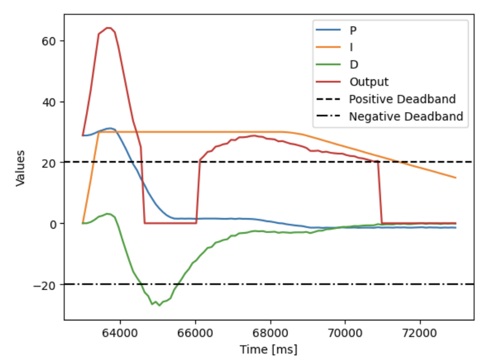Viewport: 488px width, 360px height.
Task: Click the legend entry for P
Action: click(x=354, y=30)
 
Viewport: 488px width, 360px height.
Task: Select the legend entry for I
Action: click(x=352, y=47)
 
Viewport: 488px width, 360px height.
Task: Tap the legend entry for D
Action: click(x=354, y=64)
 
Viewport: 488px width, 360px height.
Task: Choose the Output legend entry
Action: click(x=369, y=82)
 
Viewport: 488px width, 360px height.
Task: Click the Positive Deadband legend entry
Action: click(x=402, y=99)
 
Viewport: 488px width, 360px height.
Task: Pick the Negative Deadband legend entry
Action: click(x=405, y=116)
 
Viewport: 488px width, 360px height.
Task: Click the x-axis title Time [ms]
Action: click(x=269, y=348)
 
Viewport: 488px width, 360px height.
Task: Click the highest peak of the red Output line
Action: click(x=108, y=28)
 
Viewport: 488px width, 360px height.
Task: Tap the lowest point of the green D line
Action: click(x=159, y=305)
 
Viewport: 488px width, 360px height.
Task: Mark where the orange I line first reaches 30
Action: click(x=99, y=132)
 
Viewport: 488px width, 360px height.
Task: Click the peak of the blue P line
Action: click(x=110, y=128)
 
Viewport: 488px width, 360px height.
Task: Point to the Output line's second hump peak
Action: click(x=255, y=135)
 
